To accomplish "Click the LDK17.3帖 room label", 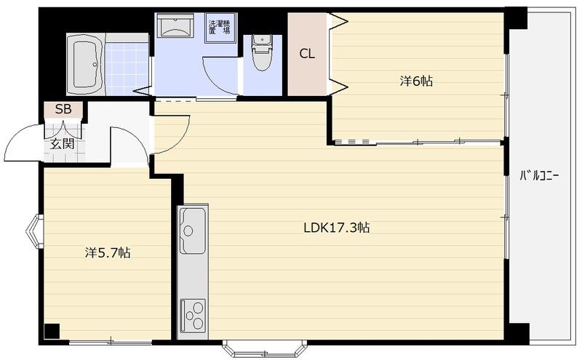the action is [x=336, y=227].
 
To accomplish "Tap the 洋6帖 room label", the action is [x=416, y=81].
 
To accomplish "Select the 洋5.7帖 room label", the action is [x=108, y=253].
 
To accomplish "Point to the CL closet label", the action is [x=307, y=55].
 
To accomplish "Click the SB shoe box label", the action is [x=63, y=109].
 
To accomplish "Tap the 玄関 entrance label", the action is [x=62, y=143].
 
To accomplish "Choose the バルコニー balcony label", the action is [x=539, y=175].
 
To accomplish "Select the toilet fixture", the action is [x=262, y=52].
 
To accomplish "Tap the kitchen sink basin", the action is [x=193, y=230].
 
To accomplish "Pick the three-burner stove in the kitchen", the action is [x=193, y=316].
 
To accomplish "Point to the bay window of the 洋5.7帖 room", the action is [x=34, y=231].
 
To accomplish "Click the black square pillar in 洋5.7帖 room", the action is [x=52, y=332].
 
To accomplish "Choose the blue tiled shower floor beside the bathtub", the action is [x=127, y=68].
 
